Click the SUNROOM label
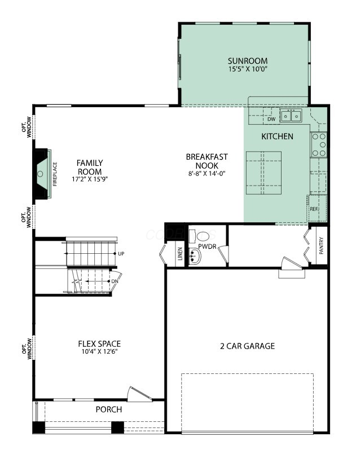click(248, 61)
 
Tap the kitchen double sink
click(291, 115)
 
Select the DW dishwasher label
click(271, 119)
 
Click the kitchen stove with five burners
click(319, 145)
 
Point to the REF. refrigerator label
click(314, 209)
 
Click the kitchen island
click(264, 173)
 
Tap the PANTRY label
click(321, 245)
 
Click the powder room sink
click(195, 255)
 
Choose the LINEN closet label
click(180, 254)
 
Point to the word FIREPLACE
click(55, 174)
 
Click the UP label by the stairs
click(121, 254)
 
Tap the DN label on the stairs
click(115, 281)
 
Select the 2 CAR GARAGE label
click(247, 346)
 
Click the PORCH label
click(109, 409)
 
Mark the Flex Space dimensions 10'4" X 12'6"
click(99, 352)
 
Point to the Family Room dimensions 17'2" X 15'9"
click(90, 179)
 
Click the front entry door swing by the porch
click(139, 394)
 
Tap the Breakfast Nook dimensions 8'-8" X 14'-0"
click(207, 173)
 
